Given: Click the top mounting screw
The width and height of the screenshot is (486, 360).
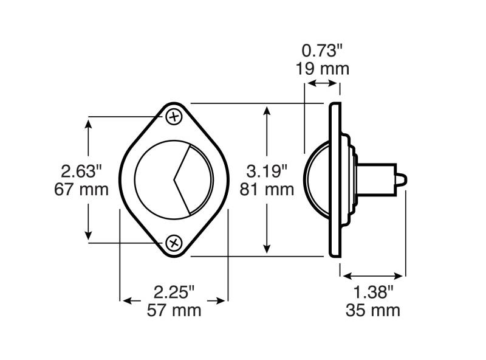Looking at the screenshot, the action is tap(174, 117).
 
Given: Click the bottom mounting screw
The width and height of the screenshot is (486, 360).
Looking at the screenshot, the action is tap(174, 243).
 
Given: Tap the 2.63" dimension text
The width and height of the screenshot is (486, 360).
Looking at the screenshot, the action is tap(81, 171).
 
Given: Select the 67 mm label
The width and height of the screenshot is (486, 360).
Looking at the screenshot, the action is tap(81, 189).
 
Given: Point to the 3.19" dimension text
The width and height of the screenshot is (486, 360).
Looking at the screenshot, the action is tap(267, 171).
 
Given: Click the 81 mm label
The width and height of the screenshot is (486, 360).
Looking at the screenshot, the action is tap(267, 189).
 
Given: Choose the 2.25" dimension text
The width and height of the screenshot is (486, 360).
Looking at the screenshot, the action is tap(174, 292).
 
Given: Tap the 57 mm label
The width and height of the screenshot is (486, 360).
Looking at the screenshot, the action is tap(174, 310).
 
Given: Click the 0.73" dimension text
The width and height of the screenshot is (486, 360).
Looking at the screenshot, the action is tap(323, 50).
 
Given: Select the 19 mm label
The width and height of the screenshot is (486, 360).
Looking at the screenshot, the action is tap(323, 69).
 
